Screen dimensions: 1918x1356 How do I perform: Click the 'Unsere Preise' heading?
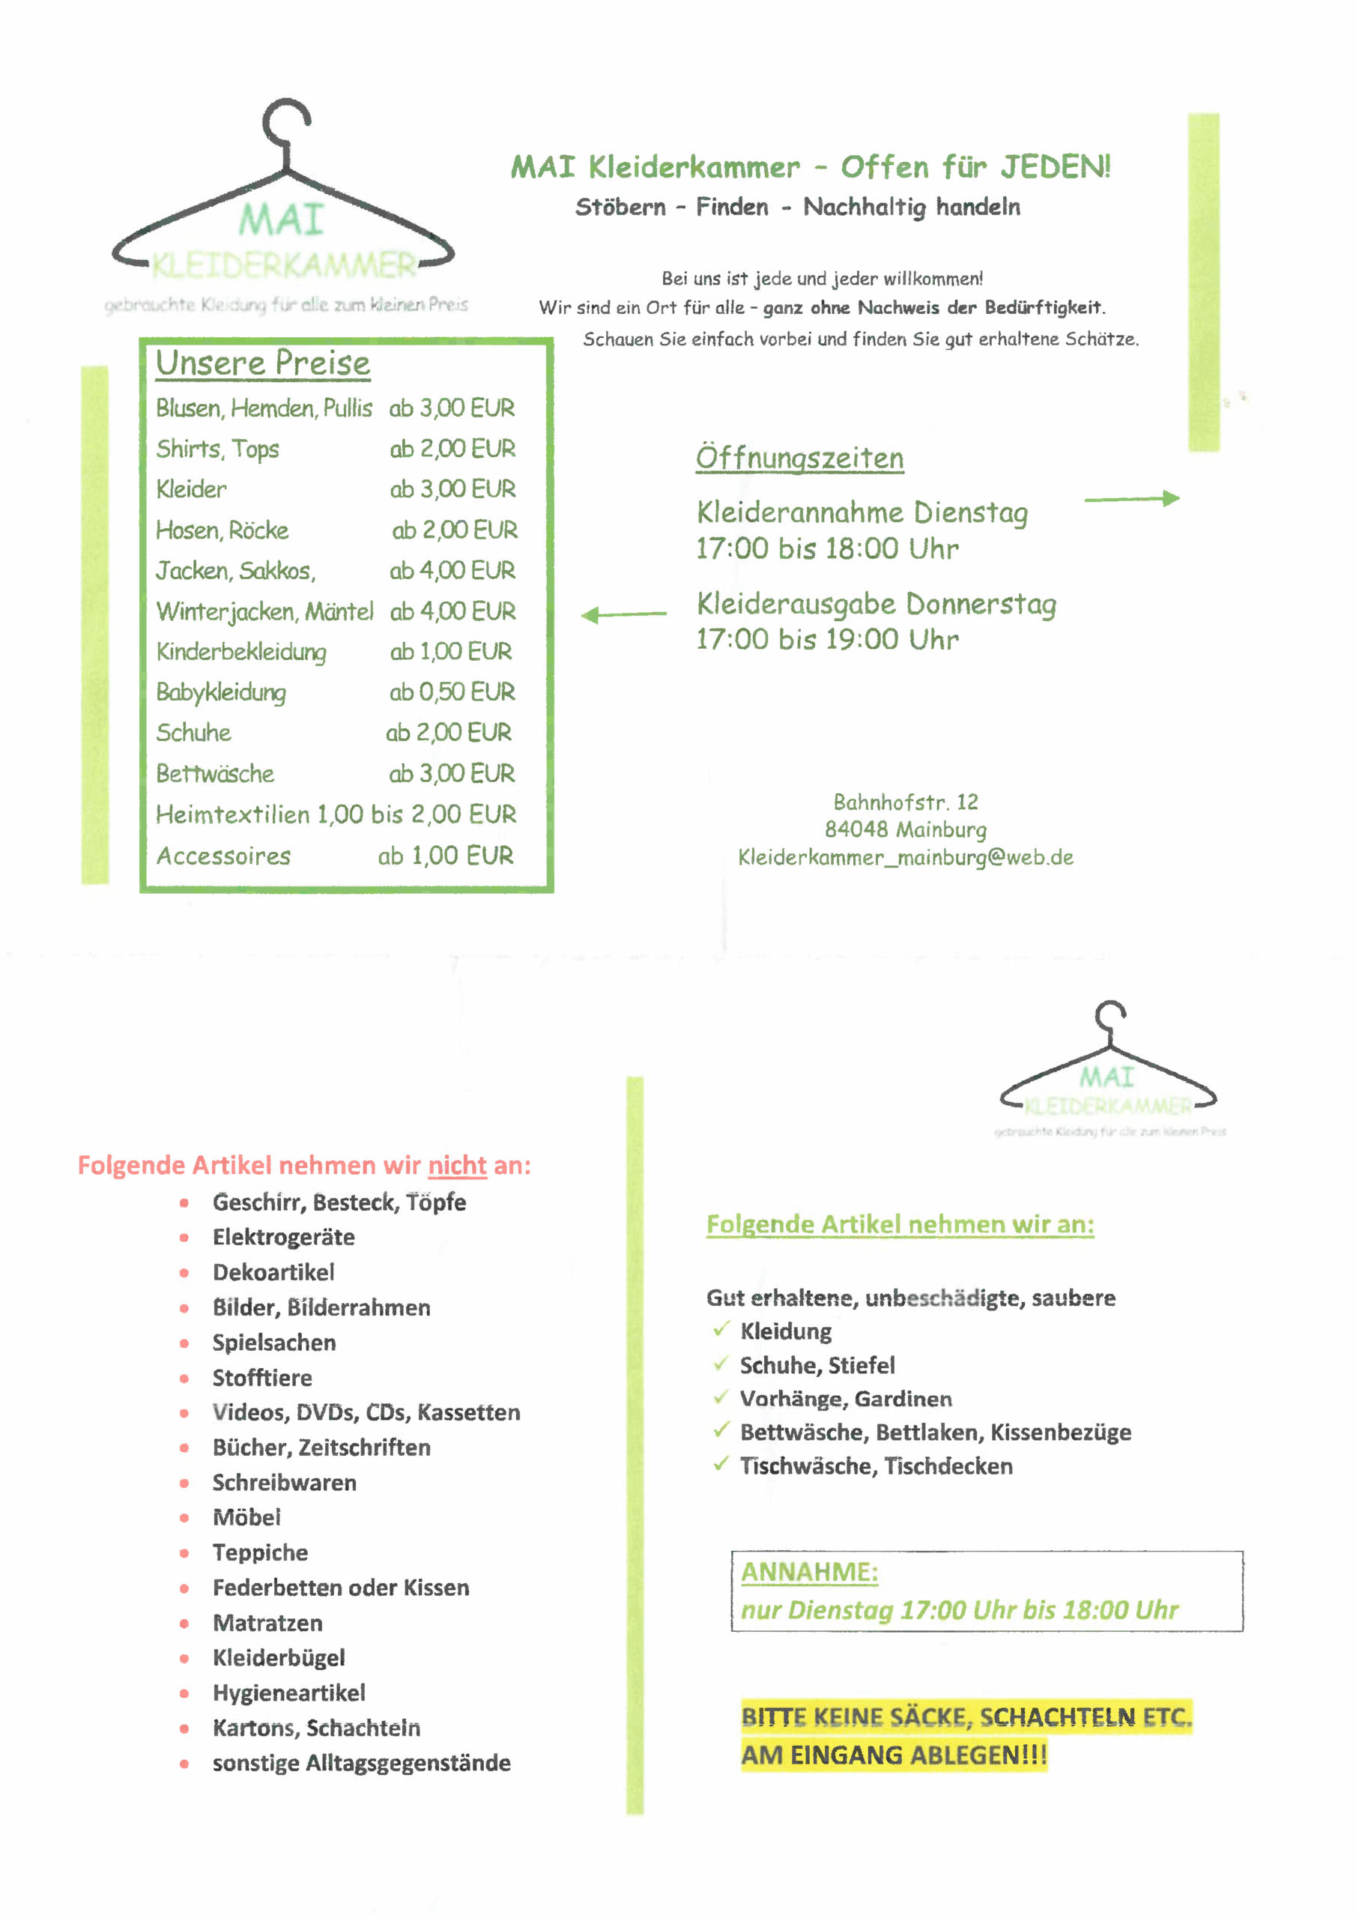pos(262,363)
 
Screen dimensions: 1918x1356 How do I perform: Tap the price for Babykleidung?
pos(451,692)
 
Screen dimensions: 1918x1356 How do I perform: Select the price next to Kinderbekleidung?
pos(450,652)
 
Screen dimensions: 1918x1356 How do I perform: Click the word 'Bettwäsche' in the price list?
pos(215,773)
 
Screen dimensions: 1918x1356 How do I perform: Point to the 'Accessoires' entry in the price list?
pos(223,856)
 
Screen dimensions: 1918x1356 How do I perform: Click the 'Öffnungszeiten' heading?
pos(799,458)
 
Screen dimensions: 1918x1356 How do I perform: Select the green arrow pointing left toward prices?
pos(623,615)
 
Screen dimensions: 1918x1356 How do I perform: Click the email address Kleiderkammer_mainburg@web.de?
pos(905,857)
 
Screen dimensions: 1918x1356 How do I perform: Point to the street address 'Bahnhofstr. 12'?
pos(905,802)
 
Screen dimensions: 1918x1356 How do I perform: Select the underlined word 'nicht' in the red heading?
pos(457,1164)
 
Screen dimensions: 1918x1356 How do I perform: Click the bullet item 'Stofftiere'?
pos(261,1378)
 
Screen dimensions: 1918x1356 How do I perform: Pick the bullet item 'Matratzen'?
pos(267,1622)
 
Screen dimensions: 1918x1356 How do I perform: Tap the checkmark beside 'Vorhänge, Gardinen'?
pos(721,1397)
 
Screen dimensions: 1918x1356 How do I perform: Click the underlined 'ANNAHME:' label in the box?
pos(809,1571)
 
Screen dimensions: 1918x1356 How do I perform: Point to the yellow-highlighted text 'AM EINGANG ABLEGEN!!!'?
pos(893,1754)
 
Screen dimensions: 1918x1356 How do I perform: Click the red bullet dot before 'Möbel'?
pos(184,1518)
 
